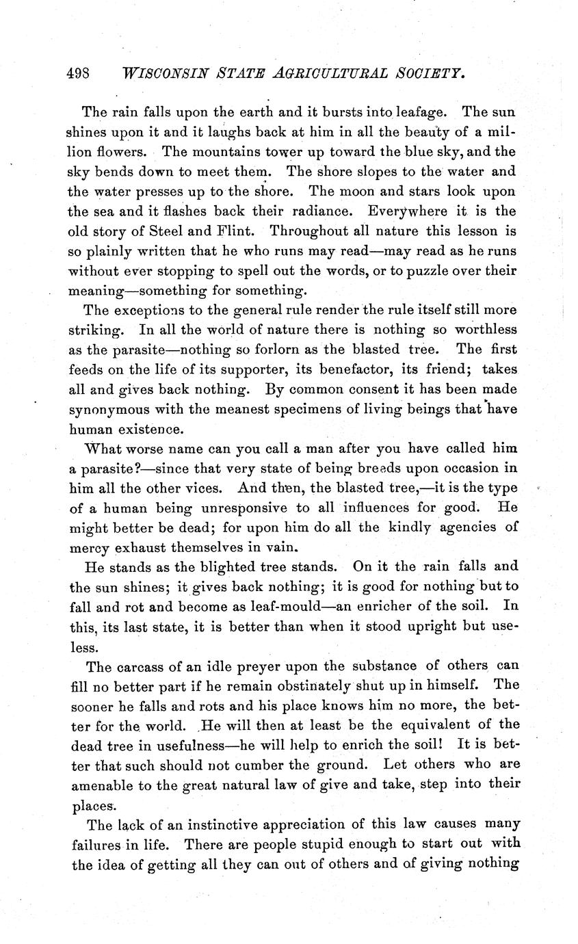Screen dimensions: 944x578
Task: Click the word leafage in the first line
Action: click(418, 112)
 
